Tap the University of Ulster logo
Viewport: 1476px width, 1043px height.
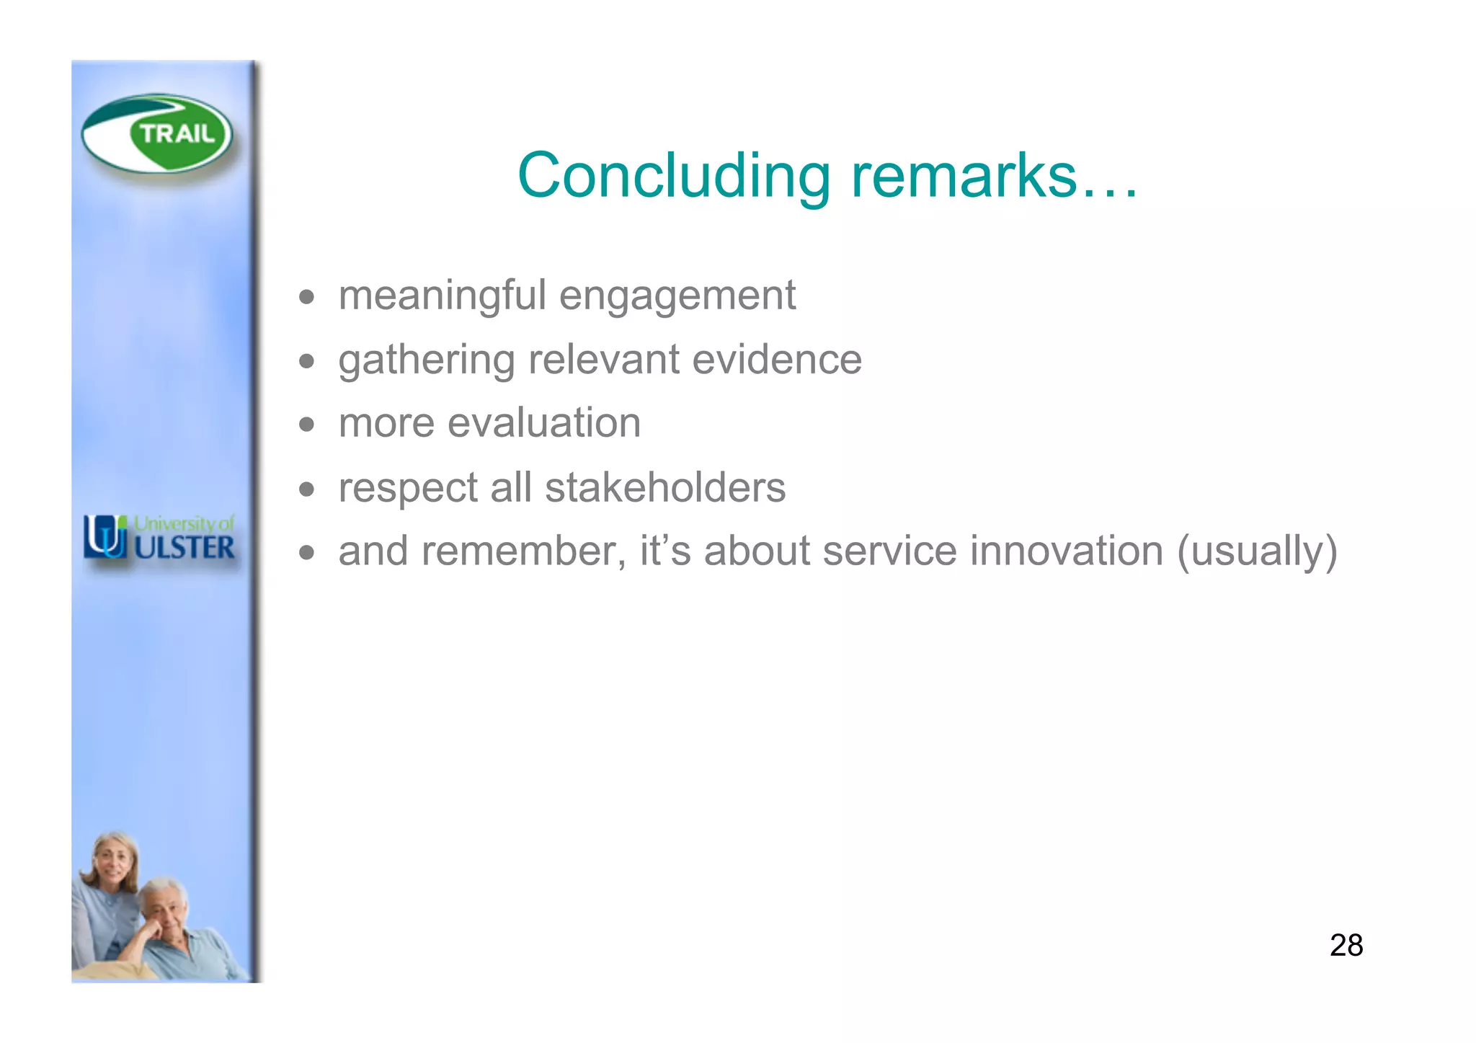(159, 538)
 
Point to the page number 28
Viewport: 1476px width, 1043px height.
(1346, 945)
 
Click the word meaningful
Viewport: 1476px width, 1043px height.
(442, 296)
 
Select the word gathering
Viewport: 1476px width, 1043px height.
(426, 360)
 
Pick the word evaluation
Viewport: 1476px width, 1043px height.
(543, 423)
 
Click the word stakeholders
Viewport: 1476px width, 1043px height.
(664, 487)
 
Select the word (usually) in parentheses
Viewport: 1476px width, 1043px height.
(1257, 551)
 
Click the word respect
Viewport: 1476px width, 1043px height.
(408, 487)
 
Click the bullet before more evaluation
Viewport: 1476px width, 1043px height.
(307, 425)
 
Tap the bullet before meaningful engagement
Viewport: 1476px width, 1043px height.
(307, 297)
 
